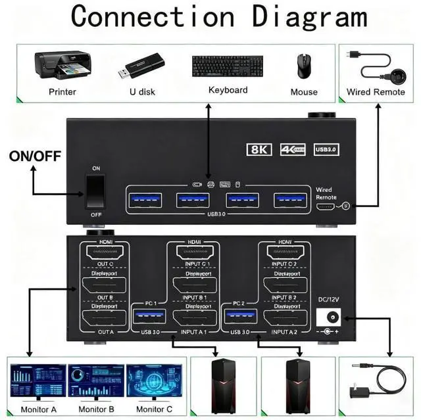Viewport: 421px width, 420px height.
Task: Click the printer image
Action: [62, 66]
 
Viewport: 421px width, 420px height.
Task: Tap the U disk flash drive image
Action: [141, 67]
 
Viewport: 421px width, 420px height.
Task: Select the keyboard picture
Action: [228, 66]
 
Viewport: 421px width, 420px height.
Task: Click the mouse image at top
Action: [303, 66]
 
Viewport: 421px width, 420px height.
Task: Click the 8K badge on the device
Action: [259, 149]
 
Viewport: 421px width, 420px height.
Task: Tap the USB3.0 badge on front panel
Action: [326, 149]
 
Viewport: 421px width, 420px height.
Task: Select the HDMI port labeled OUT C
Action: [105, 252]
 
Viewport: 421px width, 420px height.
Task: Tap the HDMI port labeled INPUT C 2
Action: [285, 252]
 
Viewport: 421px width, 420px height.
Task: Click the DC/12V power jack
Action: [330, 317]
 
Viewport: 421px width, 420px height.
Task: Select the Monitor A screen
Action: [38, 381]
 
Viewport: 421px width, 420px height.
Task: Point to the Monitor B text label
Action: [96, 410]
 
